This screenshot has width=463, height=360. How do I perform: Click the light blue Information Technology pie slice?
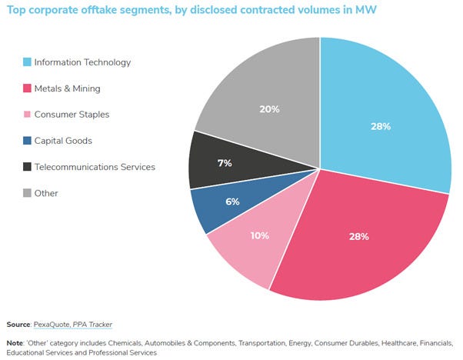click(x=385, y=115)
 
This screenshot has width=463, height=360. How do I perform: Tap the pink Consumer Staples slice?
click(x=246, y=246)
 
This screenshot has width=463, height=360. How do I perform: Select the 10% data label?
click(x=259, y=235)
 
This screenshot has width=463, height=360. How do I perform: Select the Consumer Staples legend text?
click(x=72, y=115)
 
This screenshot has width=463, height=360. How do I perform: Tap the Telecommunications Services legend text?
click(x=94, y=167)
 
